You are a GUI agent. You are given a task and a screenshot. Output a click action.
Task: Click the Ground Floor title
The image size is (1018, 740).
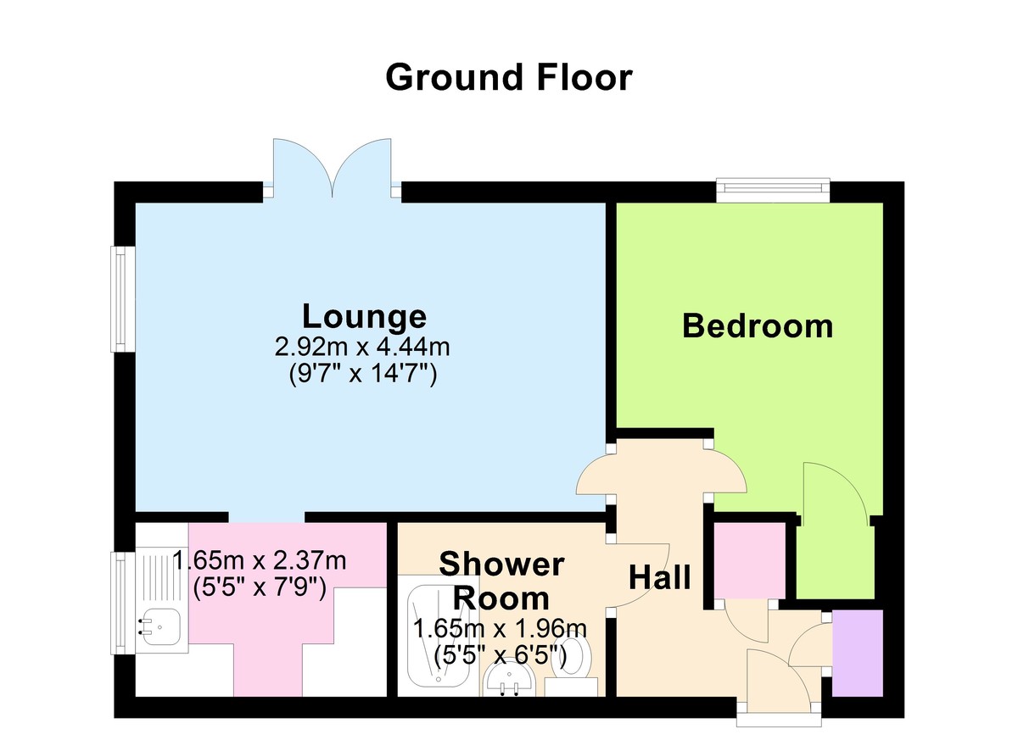click(x=509, y=77)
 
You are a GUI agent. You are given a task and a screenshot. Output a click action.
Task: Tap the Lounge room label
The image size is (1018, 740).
click(x=364, y=316)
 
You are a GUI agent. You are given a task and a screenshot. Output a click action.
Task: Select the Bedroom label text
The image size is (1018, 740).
click(x=758, y=325)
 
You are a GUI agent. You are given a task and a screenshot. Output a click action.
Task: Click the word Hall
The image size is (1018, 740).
click(x=659, y=578)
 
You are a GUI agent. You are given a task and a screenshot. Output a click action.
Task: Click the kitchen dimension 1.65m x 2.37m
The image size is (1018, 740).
click(x=259, y=560)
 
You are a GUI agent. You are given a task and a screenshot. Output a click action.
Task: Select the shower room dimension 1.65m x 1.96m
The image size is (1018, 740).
click(x=500, y=630)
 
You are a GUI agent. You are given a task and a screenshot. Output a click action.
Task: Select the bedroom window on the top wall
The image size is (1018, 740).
click(x=772, y=191)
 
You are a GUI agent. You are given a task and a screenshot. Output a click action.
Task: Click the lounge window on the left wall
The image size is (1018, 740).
click(x=123, y=298)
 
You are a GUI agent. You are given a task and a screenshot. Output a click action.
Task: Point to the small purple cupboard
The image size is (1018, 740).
click(x=858, y=653)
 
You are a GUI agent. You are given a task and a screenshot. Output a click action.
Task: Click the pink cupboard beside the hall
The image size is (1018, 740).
click(x=747, y=560)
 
